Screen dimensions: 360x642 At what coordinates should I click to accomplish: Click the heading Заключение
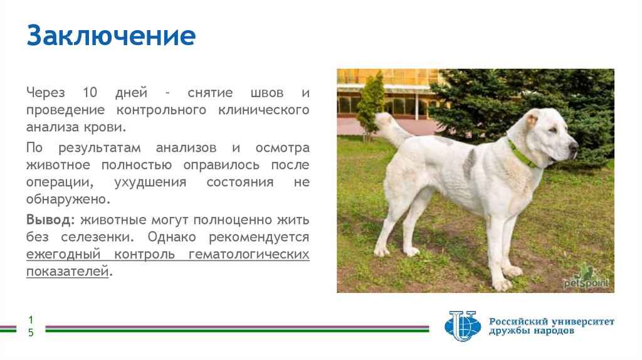(110, 36)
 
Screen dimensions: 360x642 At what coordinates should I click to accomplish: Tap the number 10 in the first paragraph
(90, 93)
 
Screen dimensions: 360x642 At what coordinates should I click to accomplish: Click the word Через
(45, 93)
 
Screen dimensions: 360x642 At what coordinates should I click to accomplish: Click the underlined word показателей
(67, 272)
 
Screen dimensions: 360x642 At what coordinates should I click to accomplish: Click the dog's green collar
(522, 154)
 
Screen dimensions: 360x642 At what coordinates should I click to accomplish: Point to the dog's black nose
(573, 146)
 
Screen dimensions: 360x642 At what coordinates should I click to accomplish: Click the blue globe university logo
(462, 326)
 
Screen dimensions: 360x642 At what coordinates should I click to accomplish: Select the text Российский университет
(552, 321)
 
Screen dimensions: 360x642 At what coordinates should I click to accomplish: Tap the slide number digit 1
(29, 320)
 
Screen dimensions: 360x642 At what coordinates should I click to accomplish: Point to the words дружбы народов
(531, 331)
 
